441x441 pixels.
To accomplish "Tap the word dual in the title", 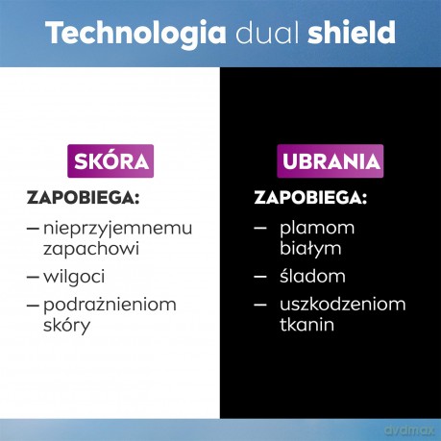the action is click(267, 33).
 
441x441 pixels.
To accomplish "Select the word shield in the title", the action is click(352, 33).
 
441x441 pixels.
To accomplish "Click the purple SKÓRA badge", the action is click(110, 161).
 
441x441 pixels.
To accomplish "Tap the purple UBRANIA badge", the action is click(331, 161).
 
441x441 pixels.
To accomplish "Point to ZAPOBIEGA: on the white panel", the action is click(84, 198).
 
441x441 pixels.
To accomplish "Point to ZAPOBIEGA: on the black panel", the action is click(310, 198).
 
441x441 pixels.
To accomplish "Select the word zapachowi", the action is click(91, 250).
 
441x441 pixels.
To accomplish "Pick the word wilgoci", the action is click(74, 277).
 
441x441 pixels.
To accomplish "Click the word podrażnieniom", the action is click(110, 306).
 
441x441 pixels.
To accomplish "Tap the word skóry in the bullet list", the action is click(66, 326).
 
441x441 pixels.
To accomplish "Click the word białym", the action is click(310, 249).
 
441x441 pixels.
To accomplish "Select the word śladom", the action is click(312, 276).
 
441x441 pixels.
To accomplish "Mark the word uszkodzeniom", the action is click(343, 305).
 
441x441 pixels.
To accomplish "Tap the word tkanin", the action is click(306, 324).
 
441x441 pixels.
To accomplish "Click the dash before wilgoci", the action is click(33, 277).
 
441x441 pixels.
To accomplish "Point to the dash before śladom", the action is click(260, 277).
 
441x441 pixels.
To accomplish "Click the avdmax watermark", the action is click(409, 430).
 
